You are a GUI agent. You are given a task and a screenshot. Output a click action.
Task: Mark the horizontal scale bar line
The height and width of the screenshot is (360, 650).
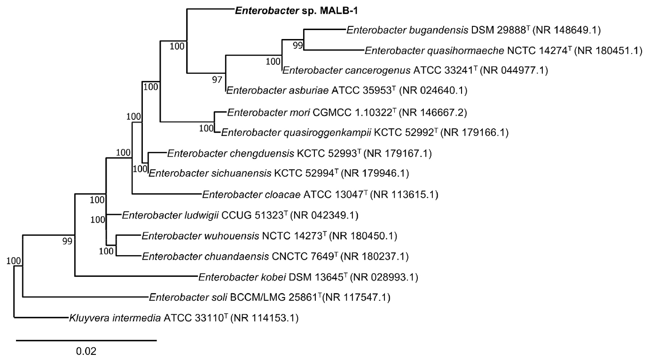[86, 339]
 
